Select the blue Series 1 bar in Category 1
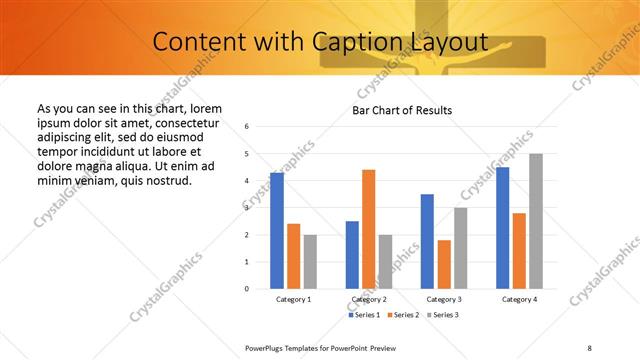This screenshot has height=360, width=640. [277, 231]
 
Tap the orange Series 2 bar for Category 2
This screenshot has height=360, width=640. [368, 229]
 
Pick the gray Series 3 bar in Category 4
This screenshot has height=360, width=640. [536, 221]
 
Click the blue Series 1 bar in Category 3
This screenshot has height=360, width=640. [427, 241]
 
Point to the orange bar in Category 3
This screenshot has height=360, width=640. [444, 264]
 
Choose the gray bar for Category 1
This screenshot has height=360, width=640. [310, 262]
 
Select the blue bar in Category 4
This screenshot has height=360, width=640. [502, 228]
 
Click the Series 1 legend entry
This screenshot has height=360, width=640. [363, 315]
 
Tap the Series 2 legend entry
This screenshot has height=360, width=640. [403, 315]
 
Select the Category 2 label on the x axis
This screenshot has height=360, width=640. [369, 299]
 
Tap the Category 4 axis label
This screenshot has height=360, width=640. [519, 299]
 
